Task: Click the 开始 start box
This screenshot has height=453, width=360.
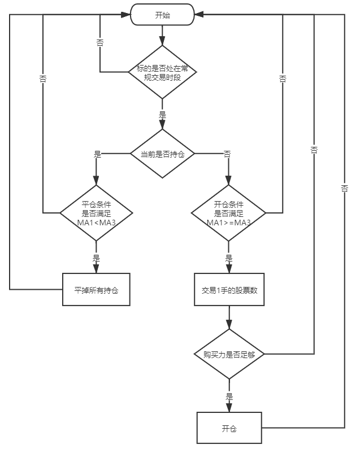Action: pos(162,15)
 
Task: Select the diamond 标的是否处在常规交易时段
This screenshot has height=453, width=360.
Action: pos(162,72)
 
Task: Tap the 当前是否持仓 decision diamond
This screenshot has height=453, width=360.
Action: pos(162,154)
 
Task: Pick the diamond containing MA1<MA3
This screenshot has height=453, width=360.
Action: pos(96,213)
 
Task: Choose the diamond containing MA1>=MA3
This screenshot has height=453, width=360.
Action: pos(228,213)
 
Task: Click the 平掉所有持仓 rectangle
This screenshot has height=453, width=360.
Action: pos(96,290)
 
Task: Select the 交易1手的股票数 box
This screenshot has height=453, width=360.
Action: pos(228,290)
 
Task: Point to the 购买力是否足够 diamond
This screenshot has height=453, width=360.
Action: pos(228,355)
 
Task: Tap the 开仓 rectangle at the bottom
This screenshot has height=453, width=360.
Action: pos(229,428)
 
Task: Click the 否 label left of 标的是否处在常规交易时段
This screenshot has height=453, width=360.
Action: pos(100,43)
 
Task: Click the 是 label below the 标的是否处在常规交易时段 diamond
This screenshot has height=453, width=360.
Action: pos(162,114)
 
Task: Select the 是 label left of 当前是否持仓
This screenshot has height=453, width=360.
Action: pos(97,154)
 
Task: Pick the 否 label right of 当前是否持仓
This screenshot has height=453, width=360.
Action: pos(227,154)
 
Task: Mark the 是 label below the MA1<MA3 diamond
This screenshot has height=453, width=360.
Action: pos(96,258)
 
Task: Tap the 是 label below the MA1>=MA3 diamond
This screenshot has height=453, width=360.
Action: pos(228,258)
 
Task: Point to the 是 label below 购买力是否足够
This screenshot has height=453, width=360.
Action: pos(229,397)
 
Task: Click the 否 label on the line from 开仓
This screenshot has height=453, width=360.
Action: pos(344,189)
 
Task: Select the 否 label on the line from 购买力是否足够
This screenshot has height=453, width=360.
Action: pos(314,150)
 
